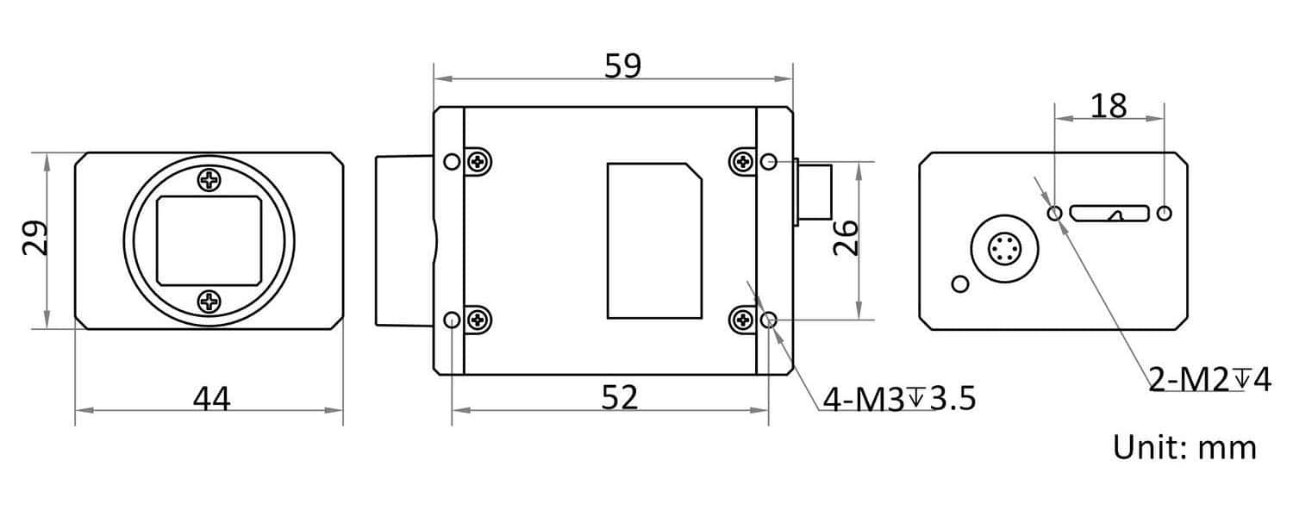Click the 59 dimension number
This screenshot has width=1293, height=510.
click(x=622, y=66)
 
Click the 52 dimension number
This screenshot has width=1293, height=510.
click(x=619, y=397)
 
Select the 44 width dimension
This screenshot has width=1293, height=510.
click(x=211, y=399)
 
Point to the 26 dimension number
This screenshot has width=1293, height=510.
click(x=846, y=239)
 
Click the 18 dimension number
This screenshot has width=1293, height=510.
click(x=1109, y=105)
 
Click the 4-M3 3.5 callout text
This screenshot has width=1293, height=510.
click(x=899, y=399)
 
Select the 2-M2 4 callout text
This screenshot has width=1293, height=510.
click(x=1209, y=379)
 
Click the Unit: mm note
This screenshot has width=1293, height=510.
click(x=1184, y=448)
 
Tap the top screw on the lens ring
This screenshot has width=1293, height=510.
click(x=209, y=180)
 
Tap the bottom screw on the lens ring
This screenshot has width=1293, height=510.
click(x=209, y=301)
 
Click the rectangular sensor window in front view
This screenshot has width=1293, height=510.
click(x=209, y=240)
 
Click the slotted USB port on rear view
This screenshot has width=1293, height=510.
click(x=1109, y=213)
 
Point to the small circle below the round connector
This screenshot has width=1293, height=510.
click(x=959, y=283)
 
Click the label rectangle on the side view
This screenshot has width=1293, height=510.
click(x=653, y=240)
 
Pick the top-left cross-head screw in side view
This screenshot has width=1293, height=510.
click(x=478, y=161)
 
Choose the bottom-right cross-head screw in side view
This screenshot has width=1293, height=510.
click(x=741, y=321)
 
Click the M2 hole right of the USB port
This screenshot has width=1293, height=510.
click(x=1165, y=213)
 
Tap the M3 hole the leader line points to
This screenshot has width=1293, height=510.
click(x=770, y=321)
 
